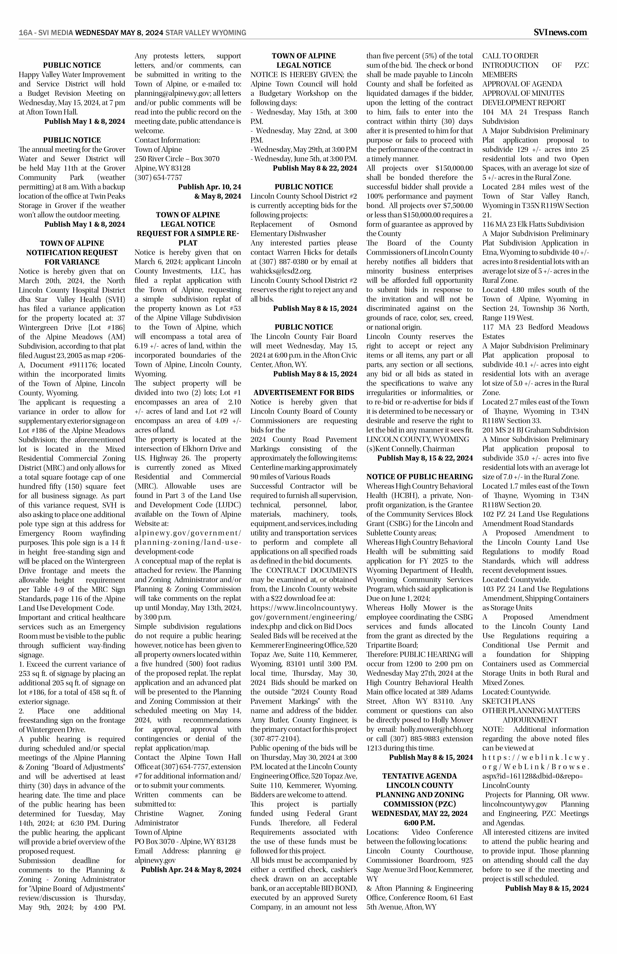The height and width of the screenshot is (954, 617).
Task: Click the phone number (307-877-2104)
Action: [x=276, y=738]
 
